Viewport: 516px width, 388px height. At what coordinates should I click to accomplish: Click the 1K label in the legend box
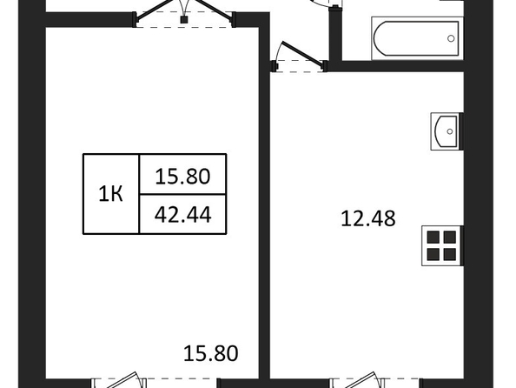tap(110, 194)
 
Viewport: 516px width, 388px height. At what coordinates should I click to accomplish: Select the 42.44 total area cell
tap(183, 214)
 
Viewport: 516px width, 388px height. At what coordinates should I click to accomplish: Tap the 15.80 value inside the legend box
tap(182, 176)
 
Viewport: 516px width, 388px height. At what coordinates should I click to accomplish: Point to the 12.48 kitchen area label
tap(368, 218)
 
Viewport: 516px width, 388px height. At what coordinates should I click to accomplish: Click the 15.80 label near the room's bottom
tap(210, 353)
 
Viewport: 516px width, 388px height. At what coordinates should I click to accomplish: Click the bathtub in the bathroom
tap(417, 38)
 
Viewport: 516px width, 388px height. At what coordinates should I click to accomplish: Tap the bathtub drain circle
tap(451, 38)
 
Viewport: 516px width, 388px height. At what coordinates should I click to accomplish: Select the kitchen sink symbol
tap(447, 131)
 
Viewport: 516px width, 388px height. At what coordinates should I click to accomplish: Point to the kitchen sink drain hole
tap(449, 131)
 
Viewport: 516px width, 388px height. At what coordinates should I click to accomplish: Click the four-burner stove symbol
tap(442, 245)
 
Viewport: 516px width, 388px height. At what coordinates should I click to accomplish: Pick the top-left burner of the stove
tap(433, 237)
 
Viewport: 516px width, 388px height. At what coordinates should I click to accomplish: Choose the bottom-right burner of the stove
tap(450, 254)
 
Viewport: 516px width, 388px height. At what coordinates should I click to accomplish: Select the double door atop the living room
tap(184, 13)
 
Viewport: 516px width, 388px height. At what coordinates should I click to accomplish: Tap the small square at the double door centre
tap(184, 19)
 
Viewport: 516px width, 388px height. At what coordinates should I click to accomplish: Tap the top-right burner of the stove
tap(450, 237)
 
